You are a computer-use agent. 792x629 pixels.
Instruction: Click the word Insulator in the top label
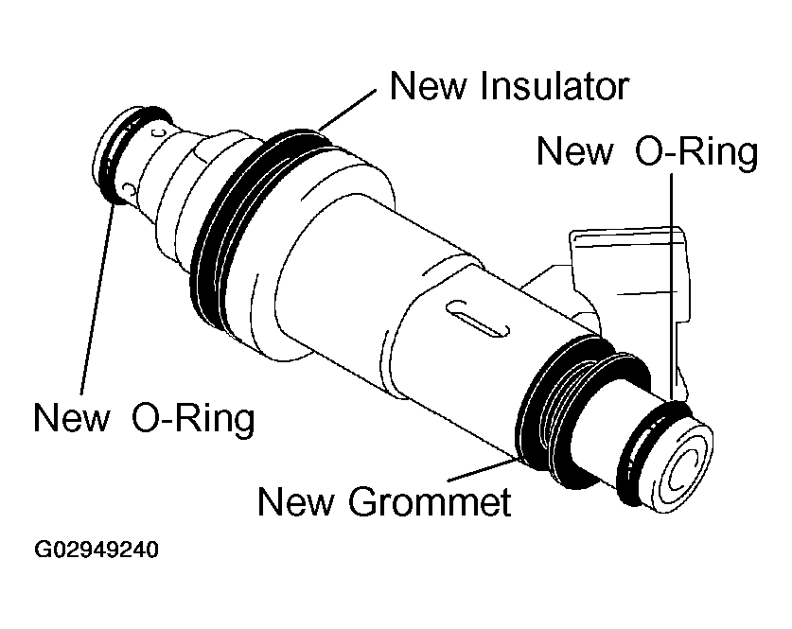(555, 87)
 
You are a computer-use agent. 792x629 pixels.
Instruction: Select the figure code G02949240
(97, 550)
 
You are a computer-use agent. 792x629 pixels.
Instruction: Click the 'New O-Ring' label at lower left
(144, 417)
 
